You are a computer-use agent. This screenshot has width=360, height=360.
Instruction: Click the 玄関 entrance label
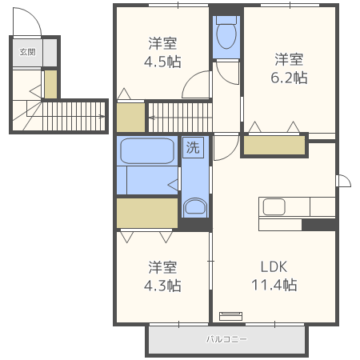28,52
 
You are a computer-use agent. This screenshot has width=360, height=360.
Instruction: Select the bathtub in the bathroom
147,150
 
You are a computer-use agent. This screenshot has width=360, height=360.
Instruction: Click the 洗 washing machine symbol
193,147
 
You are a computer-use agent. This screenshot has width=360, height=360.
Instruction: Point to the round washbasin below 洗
195,206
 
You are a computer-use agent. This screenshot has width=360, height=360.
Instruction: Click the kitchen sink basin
274,206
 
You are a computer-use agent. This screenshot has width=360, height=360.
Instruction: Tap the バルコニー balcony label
226,339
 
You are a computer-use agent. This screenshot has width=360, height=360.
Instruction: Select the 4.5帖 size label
162,62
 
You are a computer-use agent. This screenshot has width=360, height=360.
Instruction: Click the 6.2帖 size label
289,78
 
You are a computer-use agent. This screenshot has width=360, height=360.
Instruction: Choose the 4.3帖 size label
162,286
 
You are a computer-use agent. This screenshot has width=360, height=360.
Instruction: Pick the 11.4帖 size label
274,285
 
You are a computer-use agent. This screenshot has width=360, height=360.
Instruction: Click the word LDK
274,267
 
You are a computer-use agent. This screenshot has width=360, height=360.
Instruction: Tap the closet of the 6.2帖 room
274,145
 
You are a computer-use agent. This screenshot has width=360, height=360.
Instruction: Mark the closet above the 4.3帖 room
147,213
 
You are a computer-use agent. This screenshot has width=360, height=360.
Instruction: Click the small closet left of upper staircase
130,118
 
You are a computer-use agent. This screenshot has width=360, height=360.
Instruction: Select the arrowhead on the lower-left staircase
102,116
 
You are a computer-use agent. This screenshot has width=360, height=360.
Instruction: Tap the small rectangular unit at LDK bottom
231,316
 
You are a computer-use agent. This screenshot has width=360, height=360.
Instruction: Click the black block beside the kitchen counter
318,225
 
